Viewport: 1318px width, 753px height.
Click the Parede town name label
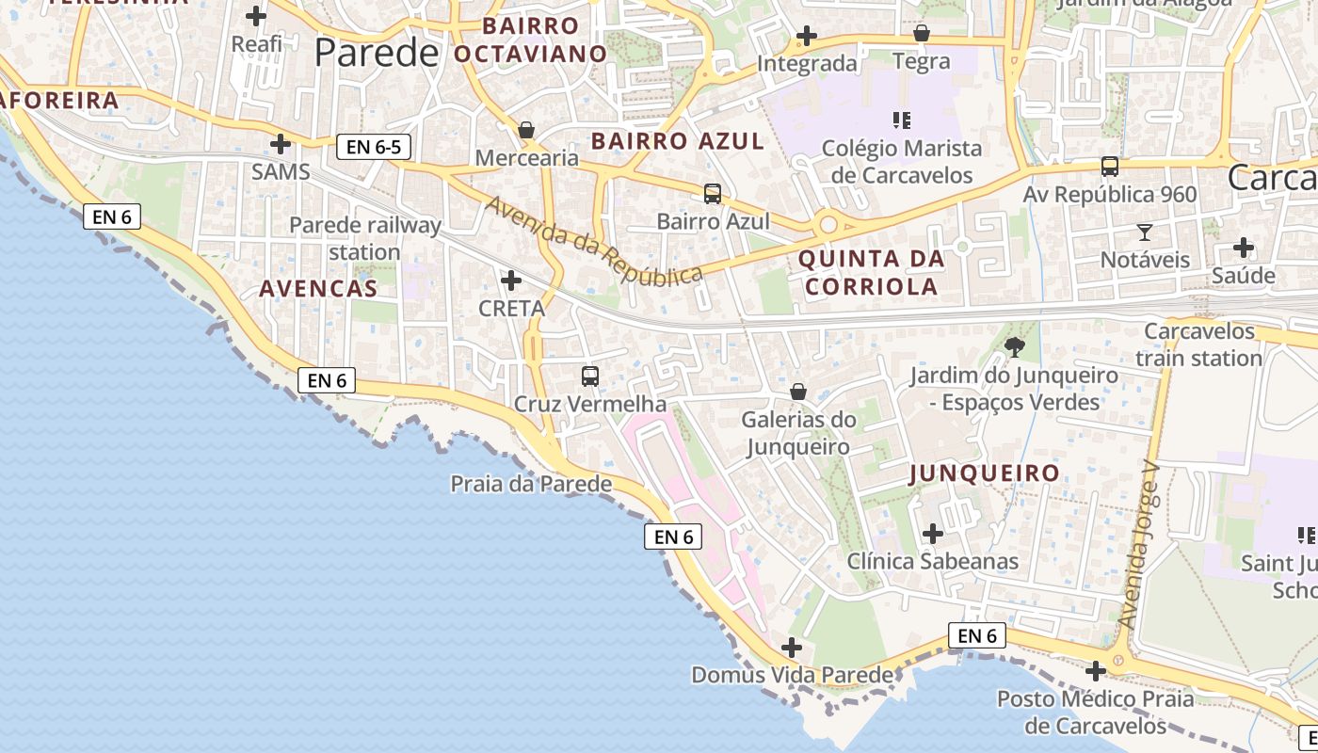(377, 53)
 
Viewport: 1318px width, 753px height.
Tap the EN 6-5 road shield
(374, 147)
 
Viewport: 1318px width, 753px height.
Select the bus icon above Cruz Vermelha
(590, 376)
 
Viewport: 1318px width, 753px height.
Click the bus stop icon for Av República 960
(1110, 167)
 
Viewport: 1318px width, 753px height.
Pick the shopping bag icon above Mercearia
(526, 129)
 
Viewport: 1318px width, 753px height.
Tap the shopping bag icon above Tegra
(921, 34)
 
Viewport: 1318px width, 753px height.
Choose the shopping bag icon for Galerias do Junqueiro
(798, 391)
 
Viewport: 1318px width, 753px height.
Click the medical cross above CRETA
(511, 280)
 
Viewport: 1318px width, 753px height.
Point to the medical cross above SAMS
(281, 144)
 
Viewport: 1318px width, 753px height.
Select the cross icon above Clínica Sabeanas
(933, 534)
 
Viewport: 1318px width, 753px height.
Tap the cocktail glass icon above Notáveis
(1145, 232)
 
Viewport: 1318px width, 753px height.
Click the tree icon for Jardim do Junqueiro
(1014, 347)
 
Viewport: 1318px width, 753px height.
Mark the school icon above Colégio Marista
(901, 120)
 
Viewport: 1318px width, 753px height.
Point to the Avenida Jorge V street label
(1141, 545)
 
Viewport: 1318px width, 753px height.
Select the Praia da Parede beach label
(531, 484)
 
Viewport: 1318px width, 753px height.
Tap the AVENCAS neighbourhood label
(318, 288)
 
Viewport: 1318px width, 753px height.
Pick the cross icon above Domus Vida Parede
(792, 648)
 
